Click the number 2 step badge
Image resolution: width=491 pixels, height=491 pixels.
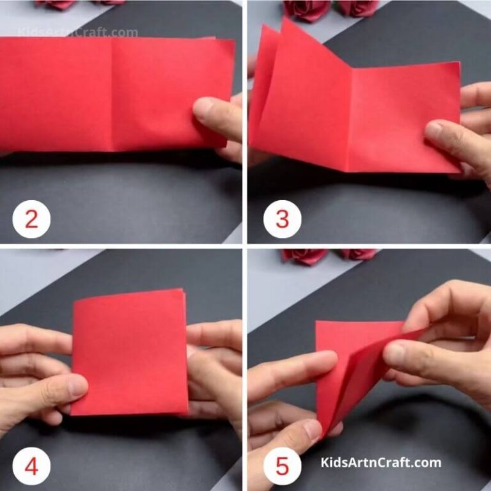click(31, 219)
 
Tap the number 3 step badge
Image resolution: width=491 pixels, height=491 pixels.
click(282, 219)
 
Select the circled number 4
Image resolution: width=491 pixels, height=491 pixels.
click(31, 466)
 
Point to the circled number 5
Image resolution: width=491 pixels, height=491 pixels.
click(282, 466)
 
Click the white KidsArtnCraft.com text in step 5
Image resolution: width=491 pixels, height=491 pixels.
click(380, 462)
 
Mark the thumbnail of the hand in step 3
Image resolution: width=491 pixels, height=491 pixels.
click(434, 130)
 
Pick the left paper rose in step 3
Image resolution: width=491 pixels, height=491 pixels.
click(300, 8)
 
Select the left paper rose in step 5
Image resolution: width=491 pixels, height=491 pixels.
click(303, 255)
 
